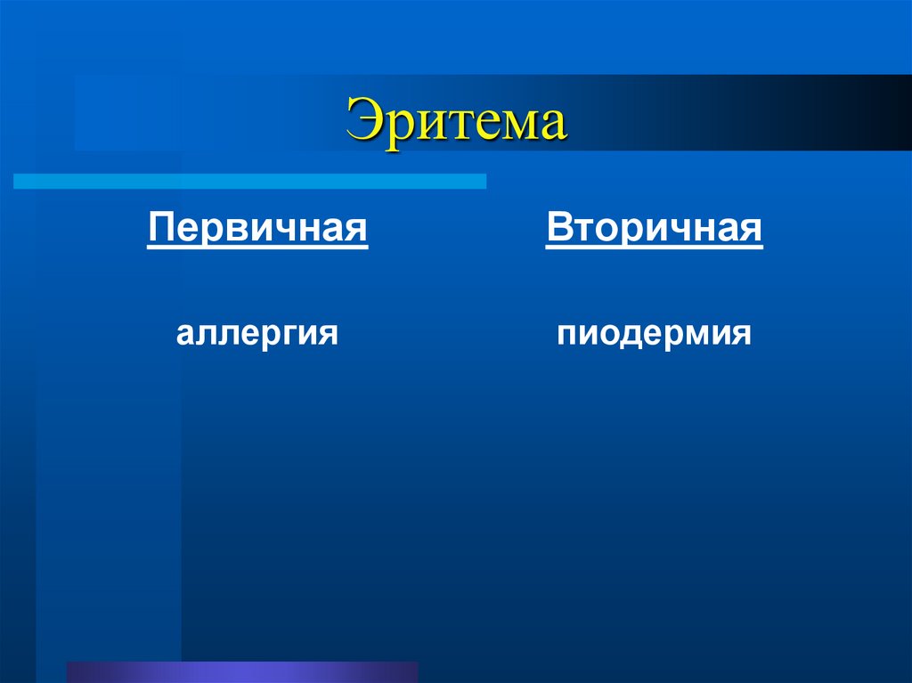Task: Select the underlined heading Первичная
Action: pos(257,228)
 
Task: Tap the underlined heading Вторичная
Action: pos(655,228)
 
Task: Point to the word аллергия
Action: pos(257,335)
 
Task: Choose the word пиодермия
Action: pos(655,335)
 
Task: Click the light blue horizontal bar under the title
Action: pos(249,182)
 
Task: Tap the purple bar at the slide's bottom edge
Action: pos(242,671)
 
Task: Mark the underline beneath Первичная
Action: pos(257,248)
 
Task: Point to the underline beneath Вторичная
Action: pos(655,248)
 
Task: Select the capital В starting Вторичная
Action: pos(558,228)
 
